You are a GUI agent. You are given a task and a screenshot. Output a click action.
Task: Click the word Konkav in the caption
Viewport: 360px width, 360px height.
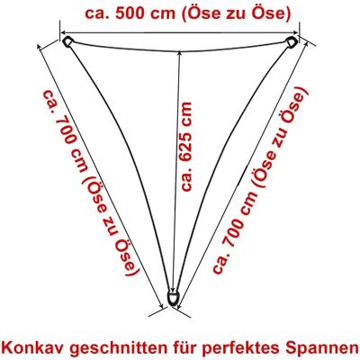(x=35, y=347)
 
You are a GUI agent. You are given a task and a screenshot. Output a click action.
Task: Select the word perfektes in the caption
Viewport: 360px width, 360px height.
(x=242, y=349)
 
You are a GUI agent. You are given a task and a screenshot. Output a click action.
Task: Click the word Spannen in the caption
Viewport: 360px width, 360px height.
(x=320, y=349)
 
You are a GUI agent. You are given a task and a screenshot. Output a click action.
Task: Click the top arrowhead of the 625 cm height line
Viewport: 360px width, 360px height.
(x=179, y=54)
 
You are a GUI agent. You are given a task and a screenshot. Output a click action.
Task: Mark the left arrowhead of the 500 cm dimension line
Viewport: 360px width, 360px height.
(x=64, y=32)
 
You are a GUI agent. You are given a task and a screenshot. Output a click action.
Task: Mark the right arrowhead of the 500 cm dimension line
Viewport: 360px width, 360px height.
(x=295, y=32)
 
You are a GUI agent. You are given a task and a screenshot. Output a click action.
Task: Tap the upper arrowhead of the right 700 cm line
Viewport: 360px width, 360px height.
(x=305, y=43)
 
